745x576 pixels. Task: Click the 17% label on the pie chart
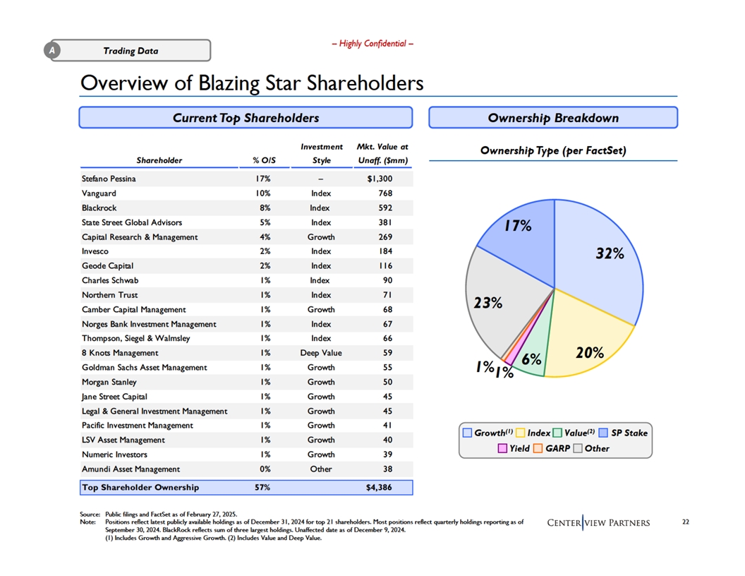pos(518,226)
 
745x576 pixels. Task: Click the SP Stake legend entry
pos(624,433)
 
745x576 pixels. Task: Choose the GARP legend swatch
pos(538,448)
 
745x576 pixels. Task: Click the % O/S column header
pos(264,161)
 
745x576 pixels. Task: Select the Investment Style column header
pos(321,153)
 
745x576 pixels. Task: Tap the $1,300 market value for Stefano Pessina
pos(380,179)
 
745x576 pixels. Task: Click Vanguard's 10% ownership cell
pos(262,193)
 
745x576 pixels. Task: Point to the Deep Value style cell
pos(321,353)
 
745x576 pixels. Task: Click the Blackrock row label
pos(99,208)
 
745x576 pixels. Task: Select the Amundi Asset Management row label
pos(131,469)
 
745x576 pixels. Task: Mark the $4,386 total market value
pos(379,487)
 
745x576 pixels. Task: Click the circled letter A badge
pos(52,50)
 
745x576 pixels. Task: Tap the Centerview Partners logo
pos(598,523)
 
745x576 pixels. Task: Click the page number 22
pos(686,522)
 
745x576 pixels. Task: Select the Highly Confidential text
pos(372,44)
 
